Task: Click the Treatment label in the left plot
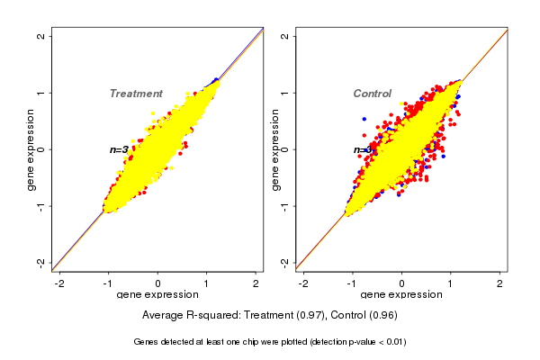pos(136,94)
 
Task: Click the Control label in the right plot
pos(373,94)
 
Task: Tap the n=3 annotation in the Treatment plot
pos(119,149)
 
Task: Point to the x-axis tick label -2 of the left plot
pos(60,283)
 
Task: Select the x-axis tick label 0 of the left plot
pos(158,283)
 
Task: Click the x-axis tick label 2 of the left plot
pos(256,283)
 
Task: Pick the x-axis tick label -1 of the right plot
pos(353,283)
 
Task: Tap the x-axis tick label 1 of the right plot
pos(452,283)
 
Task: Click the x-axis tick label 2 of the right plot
pos(501,283)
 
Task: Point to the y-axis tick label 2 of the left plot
pos(40,36)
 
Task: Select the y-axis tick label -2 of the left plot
pos(40,262)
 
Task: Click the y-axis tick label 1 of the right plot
pos(284,93)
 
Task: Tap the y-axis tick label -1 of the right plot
pos(284,205)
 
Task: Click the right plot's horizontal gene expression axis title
pos(402,295)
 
